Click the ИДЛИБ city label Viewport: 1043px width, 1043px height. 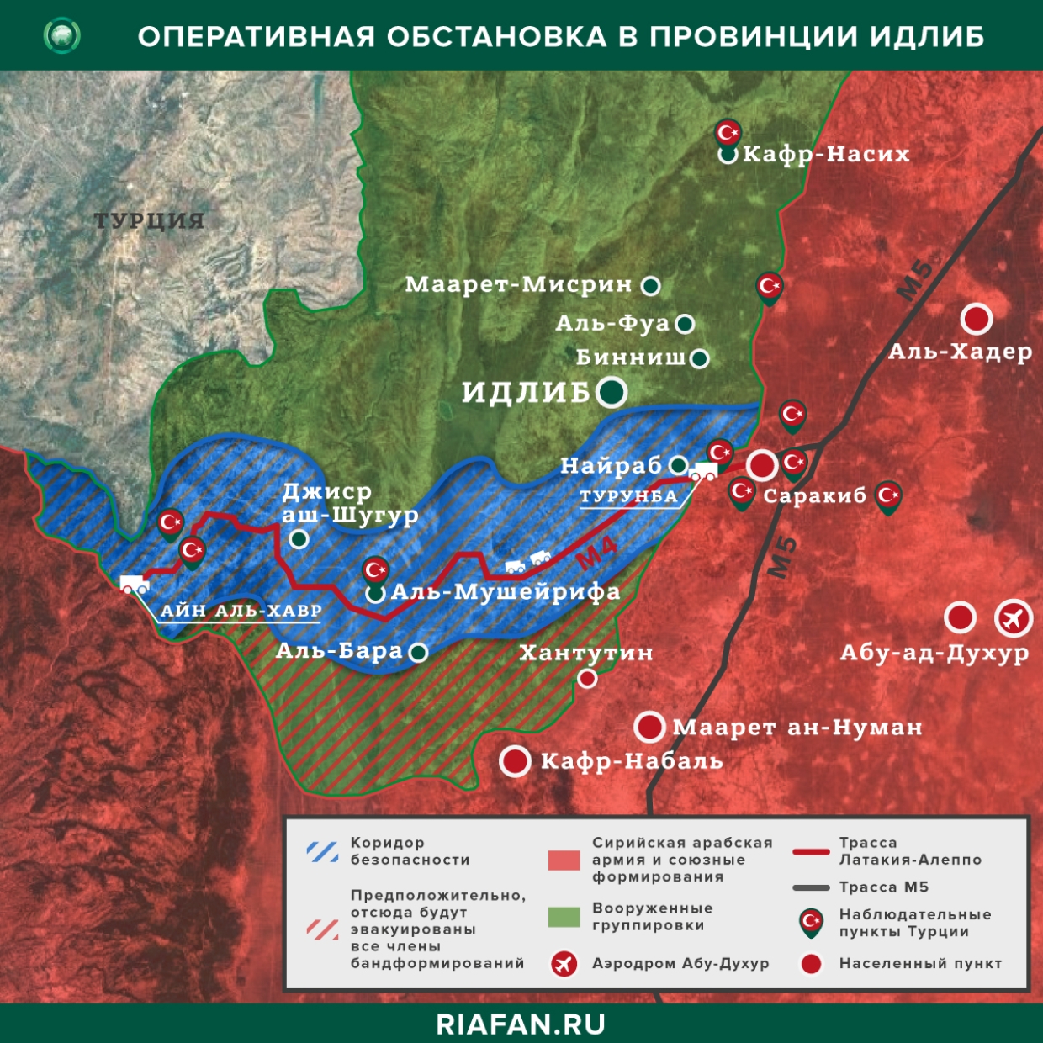526,392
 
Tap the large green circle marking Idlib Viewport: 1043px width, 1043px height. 612,391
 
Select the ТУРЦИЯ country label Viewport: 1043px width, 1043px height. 149,221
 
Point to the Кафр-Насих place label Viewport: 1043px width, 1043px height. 826,154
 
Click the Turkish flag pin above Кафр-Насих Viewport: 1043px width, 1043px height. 728,133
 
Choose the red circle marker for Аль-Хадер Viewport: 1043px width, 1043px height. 976,319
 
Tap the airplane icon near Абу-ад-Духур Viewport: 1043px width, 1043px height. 1014,618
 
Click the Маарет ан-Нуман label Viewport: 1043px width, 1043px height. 797,728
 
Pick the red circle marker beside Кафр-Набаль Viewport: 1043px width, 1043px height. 515,761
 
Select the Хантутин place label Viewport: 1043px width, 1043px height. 585,653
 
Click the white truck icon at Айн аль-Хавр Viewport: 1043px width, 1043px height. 135,585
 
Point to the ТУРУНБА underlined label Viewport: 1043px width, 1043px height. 628,497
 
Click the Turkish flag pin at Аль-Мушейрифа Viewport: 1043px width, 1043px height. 375,570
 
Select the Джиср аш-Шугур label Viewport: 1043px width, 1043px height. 349,503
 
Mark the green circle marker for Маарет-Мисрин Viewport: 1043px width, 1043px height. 650,286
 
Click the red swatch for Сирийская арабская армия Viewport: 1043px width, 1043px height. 564,860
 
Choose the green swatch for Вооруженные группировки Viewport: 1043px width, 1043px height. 564,917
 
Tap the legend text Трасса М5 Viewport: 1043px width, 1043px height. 883,887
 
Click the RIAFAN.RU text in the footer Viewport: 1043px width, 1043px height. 521,1024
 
